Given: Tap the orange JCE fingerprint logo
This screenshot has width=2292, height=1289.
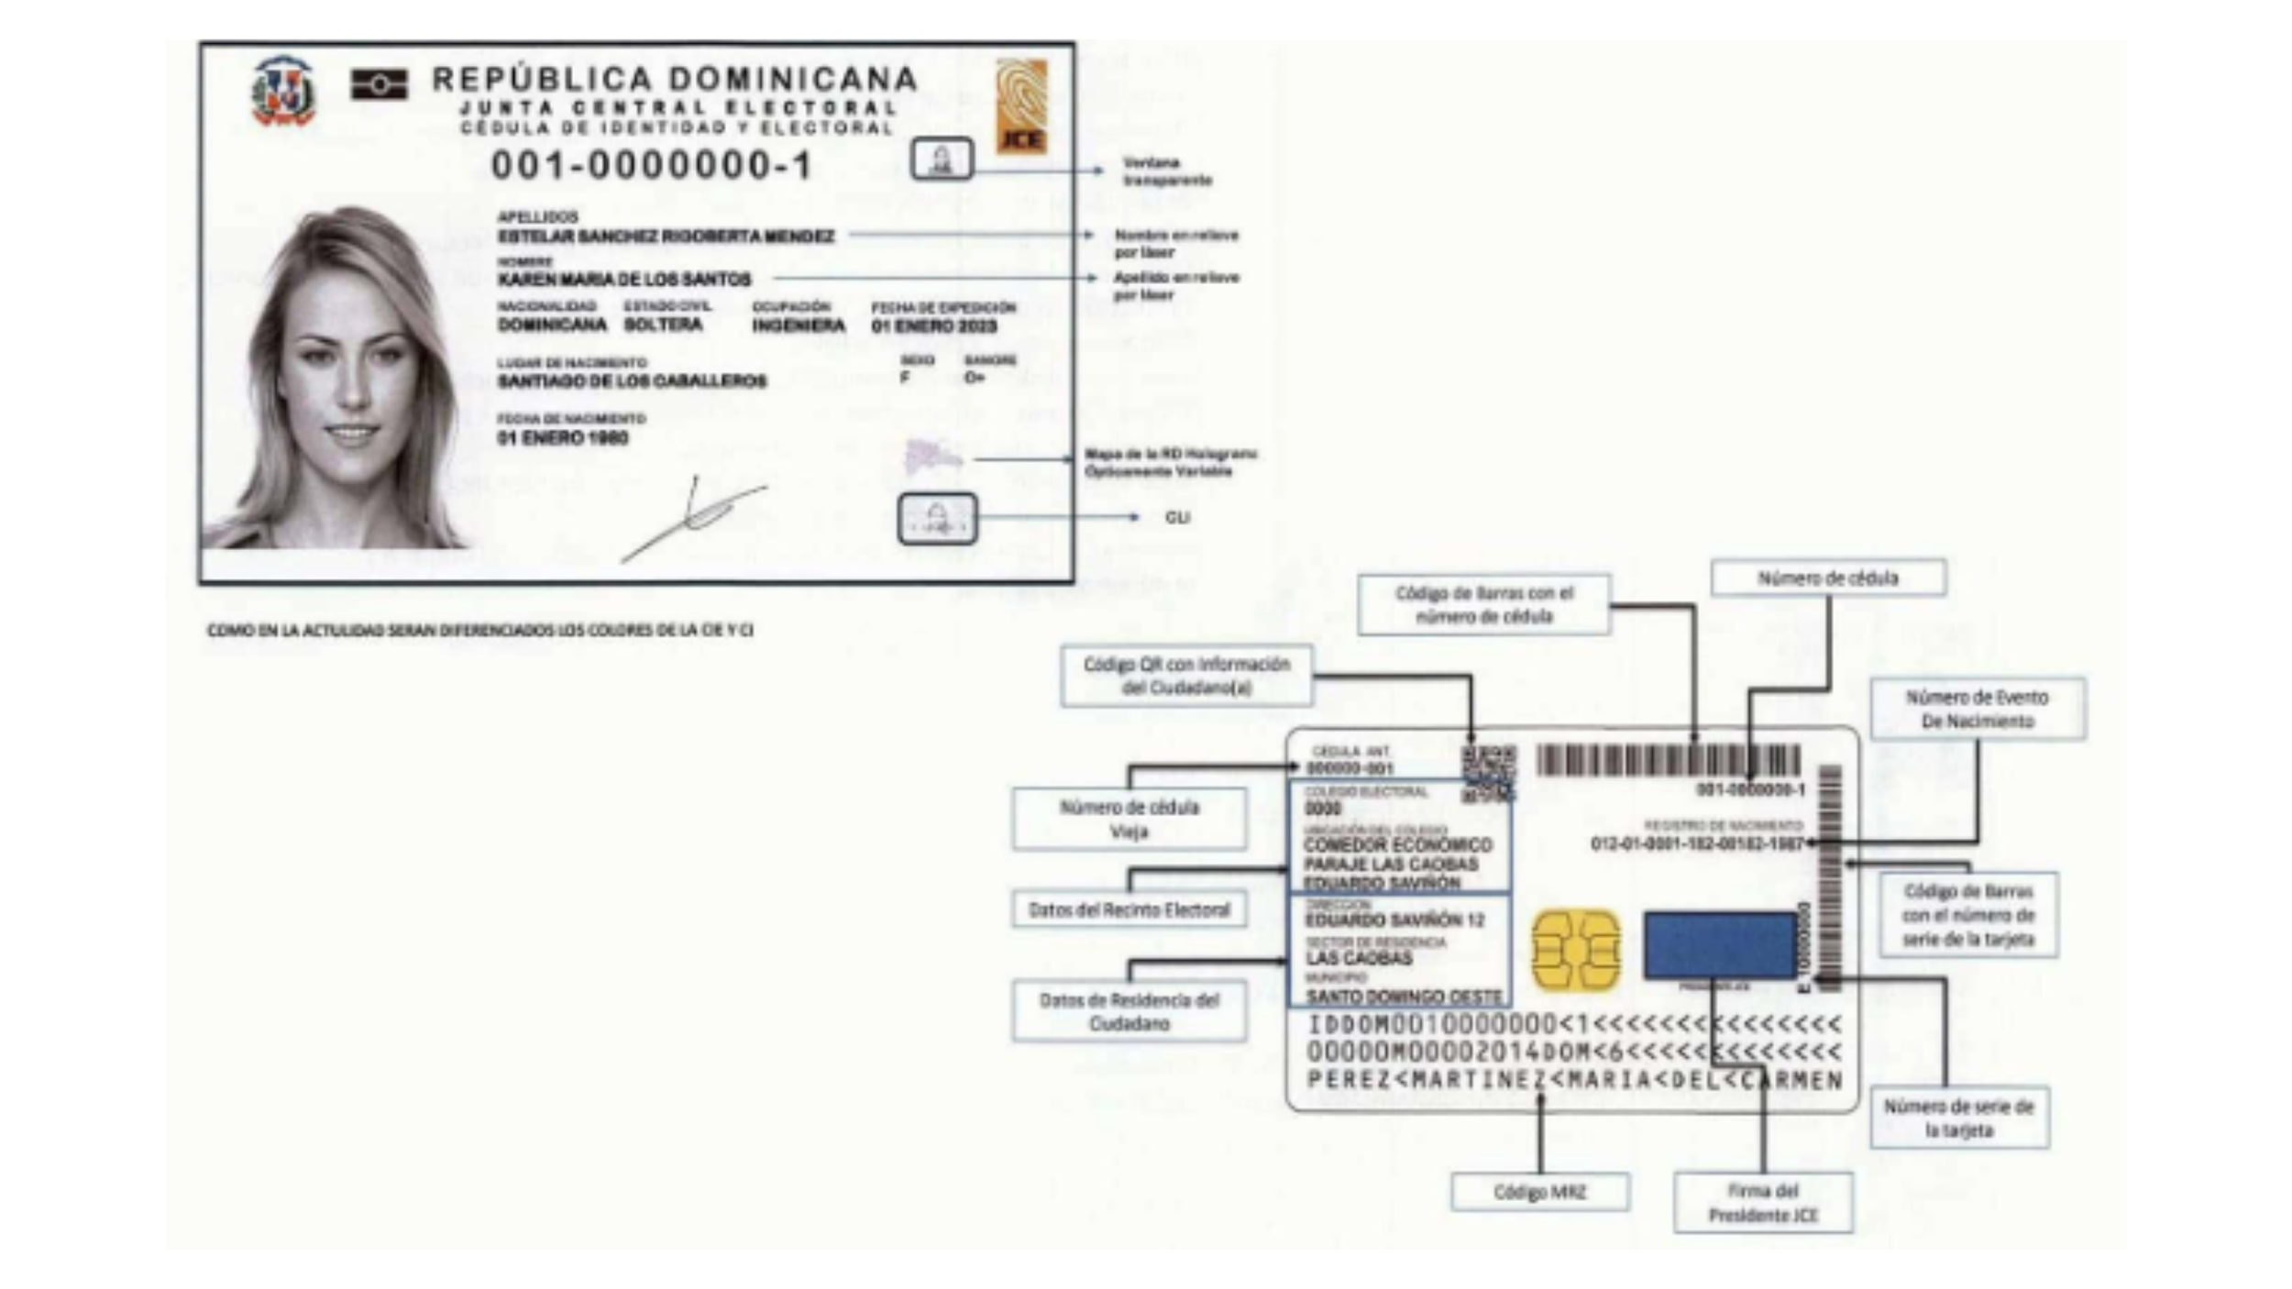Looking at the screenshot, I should coord(1021,105).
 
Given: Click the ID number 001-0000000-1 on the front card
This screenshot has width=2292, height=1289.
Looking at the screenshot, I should coord(652,166).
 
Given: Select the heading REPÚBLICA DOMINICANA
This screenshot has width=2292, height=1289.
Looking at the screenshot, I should coord(675,79).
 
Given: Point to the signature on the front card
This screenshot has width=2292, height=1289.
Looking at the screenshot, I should coord(696,517).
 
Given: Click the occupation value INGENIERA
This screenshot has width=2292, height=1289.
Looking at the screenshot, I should coord(799,326).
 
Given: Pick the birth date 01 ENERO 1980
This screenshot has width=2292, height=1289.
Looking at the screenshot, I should coord(563,438).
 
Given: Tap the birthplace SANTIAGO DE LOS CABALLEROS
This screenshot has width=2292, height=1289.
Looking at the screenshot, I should coord(632,380).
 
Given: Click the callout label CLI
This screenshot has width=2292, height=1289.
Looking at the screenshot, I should coord(1177,518).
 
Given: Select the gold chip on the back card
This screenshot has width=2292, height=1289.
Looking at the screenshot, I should coord(1575,951).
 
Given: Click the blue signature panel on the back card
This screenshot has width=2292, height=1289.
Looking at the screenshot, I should coord(1720,945).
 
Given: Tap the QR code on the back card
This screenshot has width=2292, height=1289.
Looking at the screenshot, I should coord(1488,772).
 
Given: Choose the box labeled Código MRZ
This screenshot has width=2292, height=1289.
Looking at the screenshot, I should coord(1539,1192).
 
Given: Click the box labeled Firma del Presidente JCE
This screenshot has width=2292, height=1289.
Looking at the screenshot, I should coord(1762,1203).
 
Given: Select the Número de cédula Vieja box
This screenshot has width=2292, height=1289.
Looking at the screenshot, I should coord(1129,819).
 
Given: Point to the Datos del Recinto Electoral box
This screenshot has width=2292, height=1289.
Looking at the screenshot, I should coord(1129,909).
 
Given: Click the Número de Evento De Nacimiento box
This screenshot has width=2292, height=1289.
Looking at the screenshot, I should coord(1978,709).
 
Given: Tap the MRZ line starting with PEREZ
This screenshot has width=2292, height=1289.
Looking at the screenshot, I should coord(1574,1081).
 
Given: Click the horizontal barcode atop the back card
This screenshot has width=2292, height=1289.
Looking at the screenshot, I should coord(1668,761).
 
